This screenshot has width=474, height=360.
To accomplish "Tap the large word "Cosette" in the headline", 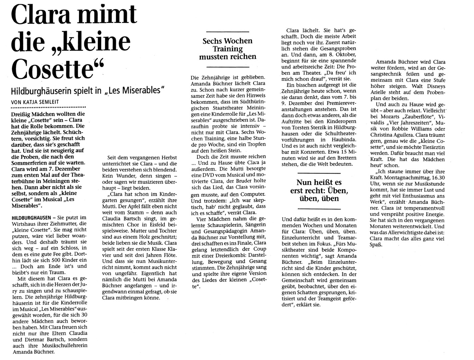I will [52, 68].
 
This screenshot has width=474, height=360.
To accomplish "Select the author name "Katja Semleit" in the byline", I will [42, 102].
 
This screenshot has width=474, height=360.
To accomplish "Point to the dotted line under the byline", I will [48, 108].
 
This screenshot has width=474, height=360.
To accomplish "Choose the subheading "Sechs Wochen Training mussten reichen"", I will [228, 49].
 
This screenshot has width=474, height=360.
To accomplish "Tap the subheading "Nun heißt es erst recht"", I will [319, 190].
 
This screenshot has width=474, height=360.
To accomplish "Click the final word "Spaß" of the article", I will [376, 245].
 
